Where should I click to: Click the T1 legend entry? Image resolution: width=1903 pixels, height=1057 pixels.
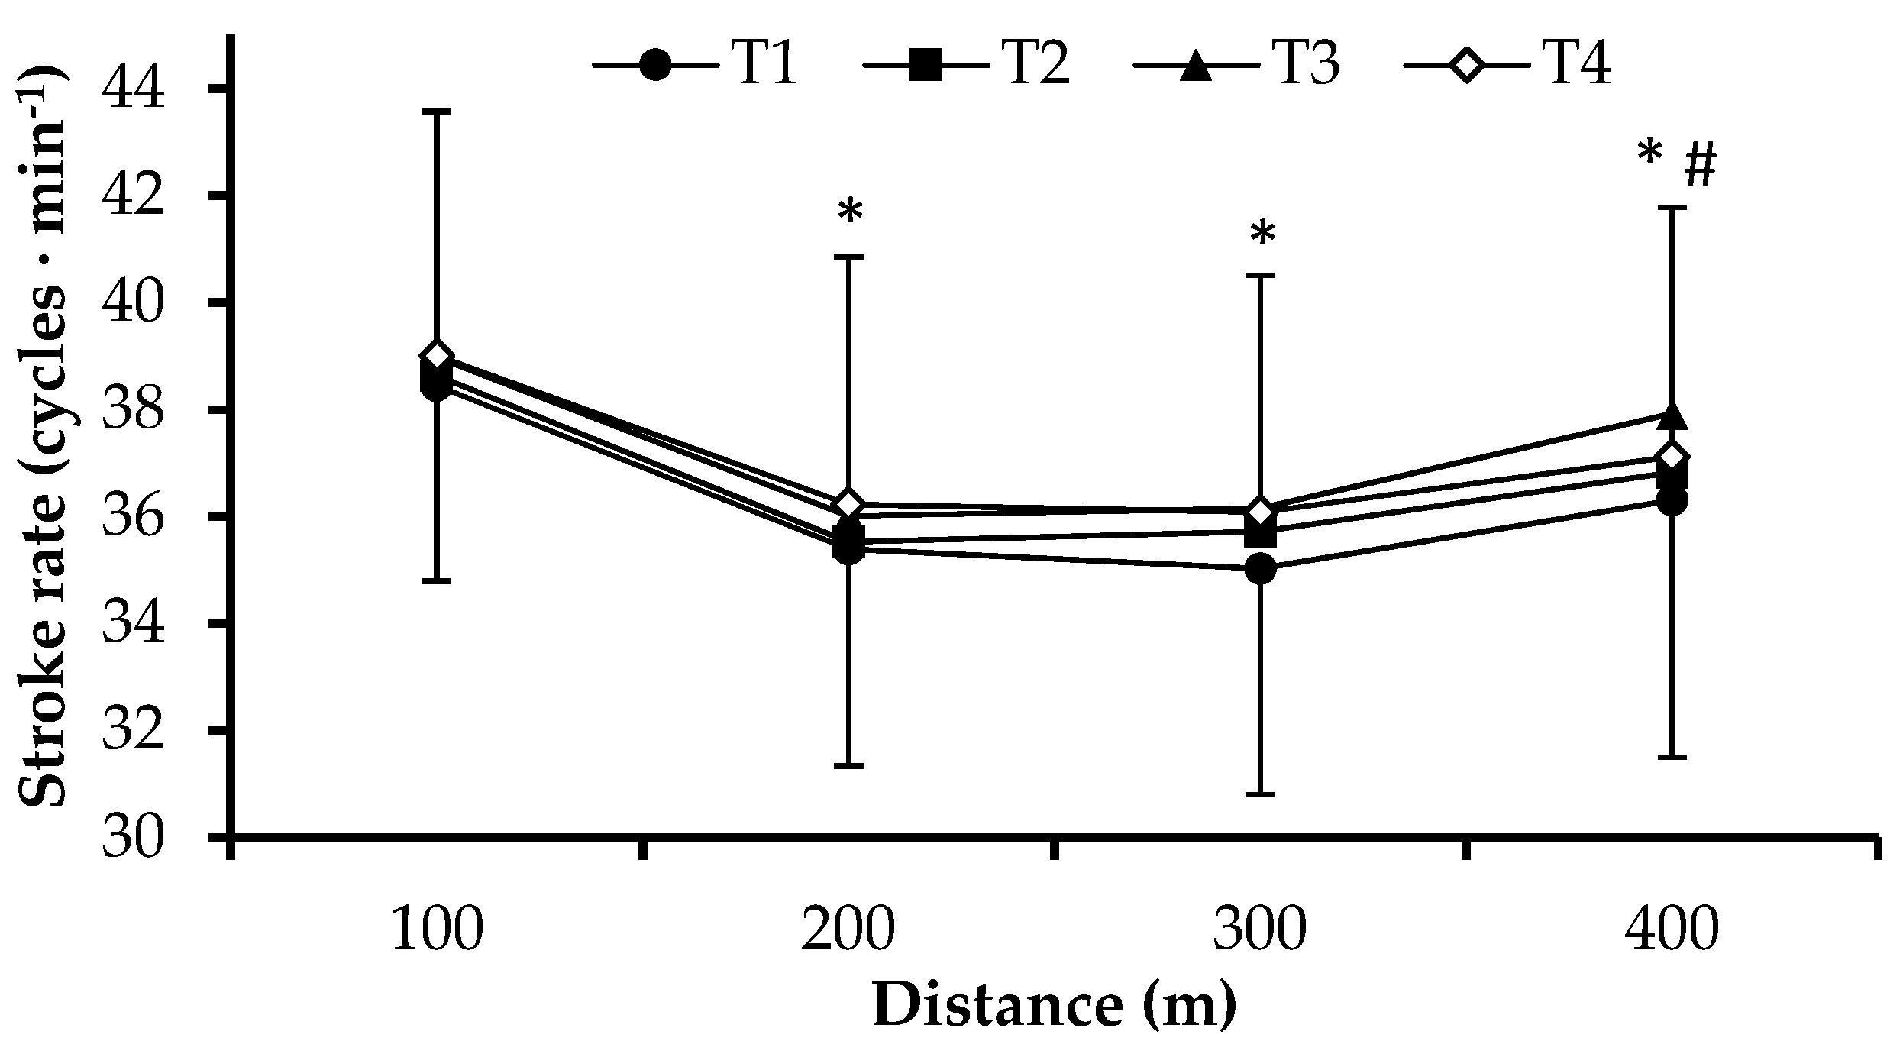(x=695, y=65)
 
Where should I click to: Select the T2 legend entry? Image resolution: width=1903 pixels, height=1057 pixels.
(x=966, y=65)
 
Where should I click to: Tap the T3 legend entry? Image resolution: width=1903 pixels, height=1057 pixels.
(x=1237, y=65)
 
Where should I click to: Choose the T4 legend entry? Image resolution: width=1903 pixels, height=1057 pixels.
(x=1508, y=65)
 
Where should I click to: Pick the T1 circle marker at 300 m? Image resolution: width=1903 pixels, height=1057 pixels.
(x=1261, y=569)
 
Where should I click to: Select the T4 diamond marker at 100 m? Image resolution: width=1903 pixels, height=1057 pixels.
(x=437, y=356)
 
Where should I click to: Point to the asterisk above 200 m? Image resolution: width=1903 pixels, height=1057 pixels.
(x=850, y=212)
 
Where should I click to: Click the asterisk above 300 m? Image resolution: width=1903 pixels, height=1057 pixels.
(x=1262, y=234)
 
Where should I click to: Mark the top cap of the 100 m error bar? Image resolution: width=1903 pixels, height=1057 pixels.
(x=437, y=112)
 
